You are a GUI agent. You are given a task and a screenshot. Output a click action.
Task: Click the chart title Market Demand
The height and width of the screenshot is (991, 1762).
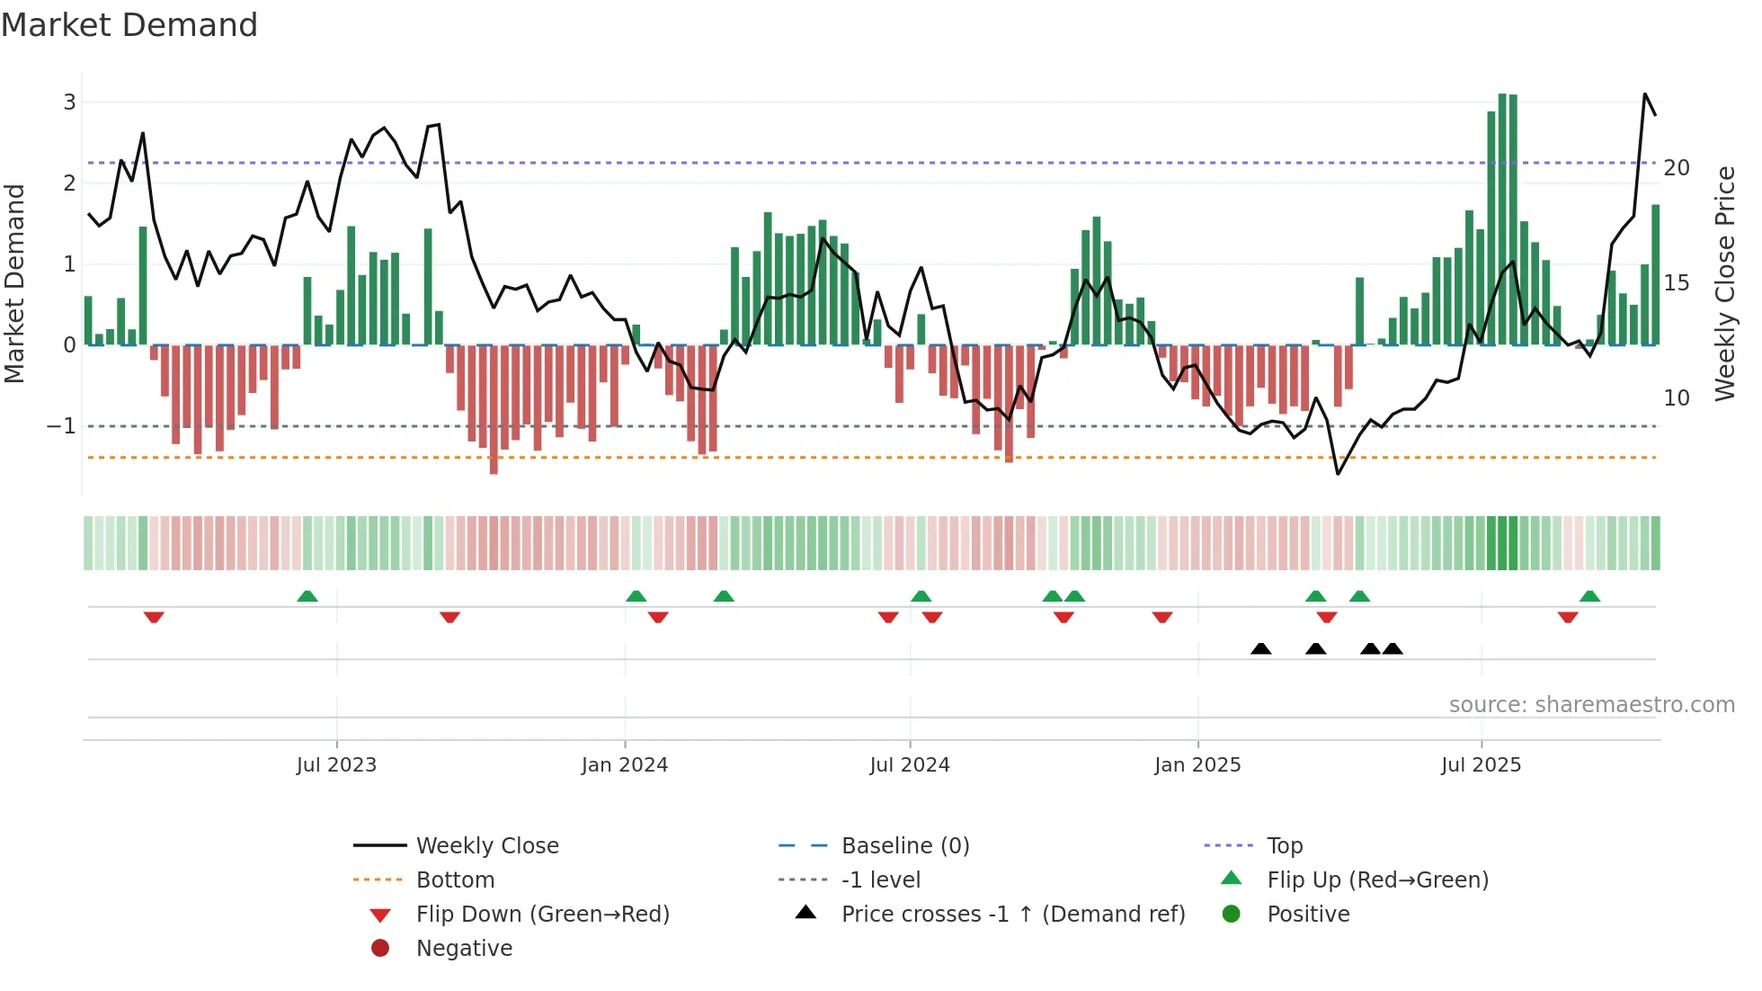pyautogui.click(x=129, y=25)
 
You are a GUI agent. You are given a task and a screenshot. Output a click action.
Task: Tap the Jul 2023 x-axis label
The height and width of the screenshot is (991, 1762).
pyautogui.click(x=336, y=765)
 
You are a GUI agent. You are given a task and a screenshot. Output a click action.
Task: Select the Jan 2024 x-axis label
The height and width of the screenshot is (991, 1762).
pyautogui.click(x=624, y=765)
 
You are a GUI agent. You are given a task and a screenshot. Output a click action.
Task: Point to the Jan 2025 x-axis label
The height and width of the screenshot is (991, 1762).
pyautogui.click(x=1197, y=765)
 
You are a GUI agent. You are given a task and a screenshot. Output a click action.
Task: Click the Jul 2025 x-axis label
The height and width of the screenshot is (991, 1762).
pyautogui.click(x=1481, y=765)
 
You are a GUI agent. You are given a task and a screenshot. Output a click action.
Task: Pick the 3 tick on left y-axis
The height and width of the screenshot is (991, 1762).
pyautogui.click(x=69, y=103)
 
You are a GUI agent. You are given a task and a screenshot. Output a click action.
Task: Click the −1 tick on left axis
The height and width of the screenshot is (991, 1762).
pyautogui.click(x=62, y=426)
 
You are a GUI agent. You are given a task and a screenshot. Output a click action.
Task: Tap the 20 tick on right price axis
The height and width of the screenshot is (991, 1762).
pyautogui.click(x=1677, y=168)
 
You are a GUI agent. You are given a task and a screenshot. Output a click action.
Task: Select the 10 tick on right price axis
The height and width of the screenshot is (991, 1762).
pyautogui.click(x=1677, y=398)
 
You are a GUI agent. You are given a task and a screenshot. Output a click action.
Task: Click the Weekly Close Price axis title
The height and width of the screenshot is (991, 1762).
pyautogui.click(x=1724, y=283)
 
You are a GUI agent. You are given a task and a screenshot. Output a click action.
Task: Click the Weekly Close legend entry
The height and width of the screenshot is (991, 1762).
pyautogui.click(x=486, y=846)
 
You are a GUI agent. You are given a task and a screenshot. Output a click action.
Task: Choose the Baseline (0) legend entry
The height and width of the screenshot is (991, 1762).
pyautogui.click(x=904, y=846)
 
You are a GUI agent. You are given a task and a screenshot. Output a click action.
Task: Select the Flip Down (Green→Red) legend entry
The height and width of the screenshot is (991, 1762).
pyautogui.click(x=542, y=915)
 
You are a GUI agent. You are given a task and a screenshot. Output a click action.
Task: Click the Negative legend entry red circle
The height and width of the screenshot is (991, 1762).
pyautogui.click(x=380, y=949)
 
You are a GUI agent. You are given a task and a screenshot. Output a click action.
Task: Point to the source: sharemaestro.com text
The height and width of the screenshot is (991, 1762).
pyautogui.click(x=1591, y=705)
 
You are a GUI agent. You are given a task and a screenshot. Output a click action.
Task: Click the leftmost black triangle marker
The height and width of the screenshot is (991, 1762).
pyautogui.click(x=1261, y=649)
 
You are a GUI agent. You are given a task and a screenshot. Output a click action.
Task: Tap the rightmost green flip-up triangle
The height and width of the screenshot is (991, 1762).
pyautogui.click(x=1589, y=596)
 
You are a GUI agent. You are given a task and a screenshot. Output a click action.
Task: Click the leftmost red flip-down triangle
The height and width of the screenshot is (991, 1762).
pyautogui.click(x=154, y=617)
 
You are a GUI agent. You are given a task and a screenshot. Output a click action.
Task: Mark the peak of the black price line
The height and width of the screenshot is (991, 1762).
pyautogui.click(x=1645, y=94)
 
